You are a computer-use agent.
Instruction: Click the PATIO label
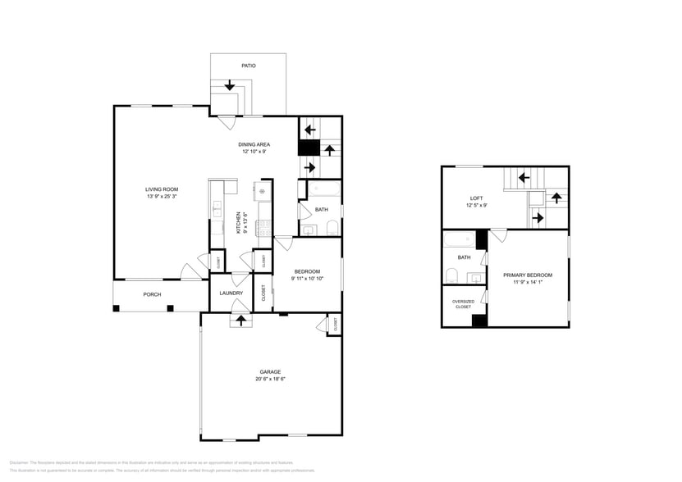248,65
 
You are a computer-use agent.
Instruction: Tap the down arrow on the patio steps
229,84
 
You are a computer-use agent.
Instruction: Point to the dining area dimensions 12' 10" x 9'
254,152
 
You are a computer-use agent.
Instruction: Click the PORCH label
152,294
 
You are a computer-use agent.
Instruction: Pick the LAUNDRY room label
231,293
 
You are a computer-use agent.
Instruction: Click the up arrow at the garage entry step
240,320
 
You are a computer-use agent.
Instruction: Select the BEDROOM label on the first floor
305,271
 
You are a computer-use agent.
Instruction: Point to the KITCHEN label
239,222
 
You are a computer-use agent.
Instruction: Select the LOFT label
476,198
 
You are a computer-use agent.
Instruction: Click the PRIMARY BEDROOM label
527,275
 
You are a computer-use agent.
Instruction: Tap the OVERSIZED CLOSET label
463,304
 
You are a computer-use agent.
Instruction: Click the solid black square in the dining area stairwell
308,148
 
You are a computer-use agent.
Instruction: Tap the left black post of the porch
117,308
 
